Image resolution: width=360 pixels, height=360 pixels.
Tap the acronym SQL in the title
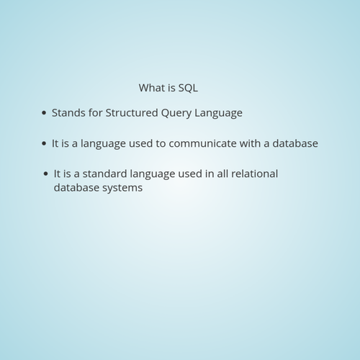[188, 88]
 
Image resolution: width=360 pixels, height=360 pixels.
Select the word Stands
[68, 113]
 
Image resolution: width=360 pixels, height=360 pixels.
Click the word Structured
[132, 113]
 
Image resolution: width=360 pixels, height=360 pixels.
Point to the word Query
[176, 113]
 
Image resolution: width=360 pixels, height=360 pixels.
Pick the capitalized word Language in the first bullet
[218, 113]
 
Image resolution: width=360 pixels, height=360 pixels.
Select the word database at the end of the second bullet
[295, 143]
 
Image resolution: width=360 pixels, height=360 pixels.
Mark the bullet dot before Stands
[44, 113]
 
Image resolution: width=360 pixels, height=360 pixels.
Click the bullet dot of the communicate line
[44, 143]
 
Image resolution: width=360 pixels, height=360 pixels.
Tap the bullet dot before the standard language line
[46, 174]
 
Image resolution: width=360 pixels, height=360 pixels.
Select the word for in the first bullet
[96, 113]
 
